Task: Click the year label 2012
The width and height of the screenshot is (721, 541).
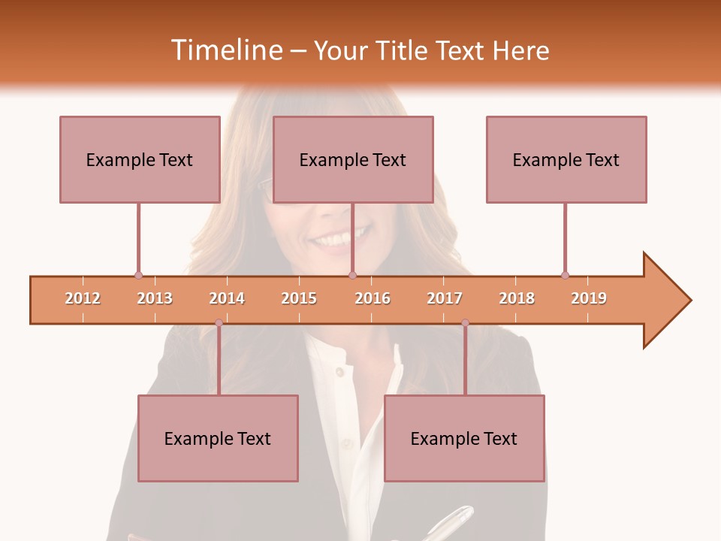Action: (x=83, y=298)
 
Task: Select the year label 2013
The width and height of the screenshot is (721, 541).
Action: (x=155, y=298)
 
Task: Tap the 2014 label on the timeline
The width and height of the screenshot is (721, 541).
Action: (x=227, y=298)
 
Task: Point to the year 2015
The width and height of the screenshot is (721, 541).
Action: (x=299, y=298)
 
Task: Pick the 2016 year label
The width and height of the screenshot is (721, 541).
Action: (x=373, y=298)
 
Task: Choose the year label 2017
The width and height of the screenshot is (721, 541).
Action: (x=445, y=298)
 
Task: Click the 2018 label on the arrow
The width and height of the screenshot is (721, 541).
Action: (x=517, y=298)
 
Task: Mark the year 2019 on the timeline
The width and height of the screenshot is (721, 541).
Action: (x=589, y=298)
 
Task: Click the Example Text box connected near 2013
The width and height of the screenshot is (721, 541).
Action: (x=140, y=159)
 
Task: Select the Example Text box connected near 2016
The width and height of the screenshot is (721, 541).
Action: (x=353, y=159)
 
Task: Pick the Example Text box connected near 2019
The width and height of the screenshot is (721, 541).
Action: (x=566, y=159)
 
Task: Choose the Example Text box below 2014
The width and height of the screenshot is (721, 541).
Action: (x=218, y=438)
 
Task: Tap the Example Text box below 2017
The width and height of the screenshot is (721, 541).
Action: (x=464, y=438)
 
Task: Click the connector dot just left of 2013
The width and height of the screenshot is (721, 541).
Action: (x=138, y=275)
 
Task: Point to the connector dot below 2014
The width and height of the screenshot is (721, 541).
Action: (x=219, y=323)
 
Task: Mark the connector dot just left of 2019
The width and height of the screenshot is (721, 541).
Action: (x=565, y=275)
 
